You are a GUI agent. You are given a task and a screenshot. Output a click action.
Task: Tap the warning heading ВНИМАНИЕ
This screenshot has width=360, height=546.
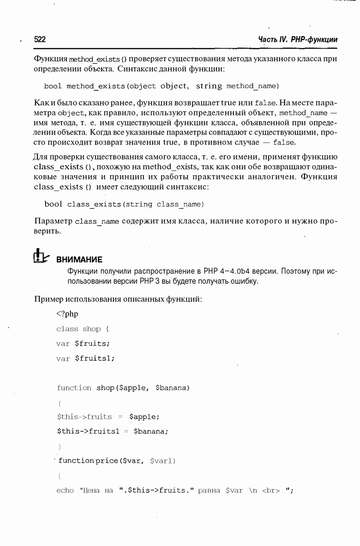79,260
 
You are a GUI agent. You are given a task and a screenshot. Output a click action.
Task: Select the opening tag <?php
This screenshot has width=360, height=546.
67,313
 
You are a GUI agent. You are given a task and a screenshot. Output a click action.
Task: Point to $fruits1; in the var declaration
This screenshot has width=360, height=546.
95,359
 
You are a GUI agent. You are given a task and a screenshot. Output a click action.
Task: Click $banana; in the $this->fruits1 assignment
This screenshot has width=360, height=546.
151,431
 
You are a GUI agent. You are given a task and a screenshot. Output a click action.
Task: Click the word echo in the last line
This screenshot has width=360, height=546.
65,490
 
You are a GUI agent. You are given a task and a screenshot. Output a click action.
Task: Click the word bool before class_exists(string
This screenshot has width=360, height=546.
53,204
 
